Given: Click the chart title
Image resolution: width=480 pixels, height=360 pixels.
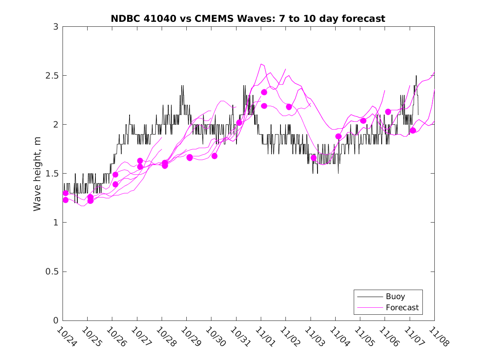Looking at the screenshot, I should tap(248, 19).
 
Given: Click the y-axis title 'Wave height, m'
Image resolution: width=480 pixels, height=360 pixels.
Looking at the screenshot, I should tap(37, 174).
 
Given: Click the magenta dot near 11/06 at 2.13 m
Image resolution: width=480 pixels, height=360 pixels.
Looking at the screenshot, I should tap(388, 112).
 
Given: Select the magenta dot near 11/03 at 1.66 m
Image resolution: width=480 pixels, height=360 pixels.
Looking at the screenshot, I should tap(314, 158).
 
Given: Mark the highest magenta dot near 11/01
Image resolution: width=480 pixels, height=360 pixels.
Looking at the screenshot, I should tap(264, 92).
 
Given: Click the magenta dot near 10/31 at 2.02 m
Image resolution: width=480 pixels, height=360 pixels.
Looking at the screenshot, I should tap(239, 123).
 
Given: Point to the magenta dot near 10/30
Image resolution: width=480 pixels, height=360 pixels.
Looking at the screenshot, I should tap(214, 156).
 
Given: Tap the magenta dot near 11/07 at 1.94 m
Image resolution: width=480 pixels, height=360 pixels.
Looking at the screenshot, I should tap(413, 130).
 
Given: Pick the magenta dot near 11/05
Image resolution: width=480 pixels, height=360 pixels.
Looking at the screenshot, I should tap(363, 121).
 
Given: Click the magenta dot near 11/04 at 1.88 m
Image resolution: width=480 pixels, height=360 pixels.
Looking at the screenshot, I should tap(339, 136).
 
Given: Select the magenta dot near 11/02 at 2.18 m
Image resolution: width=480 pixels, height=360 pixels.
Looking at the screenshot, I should tap(289, 107).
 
